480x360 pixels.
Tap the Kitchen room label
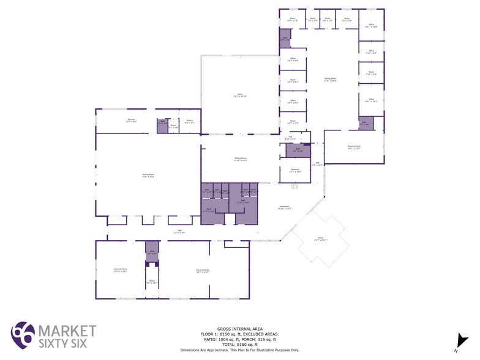point(131,121)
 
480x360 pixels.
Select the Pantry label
point(190,122)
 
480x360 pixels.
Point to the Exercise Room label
point(121,270)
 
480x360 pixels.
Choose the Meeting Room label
point(354,147)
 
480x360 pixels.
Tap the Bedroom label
point(295,171)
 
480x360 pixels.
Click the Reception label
point(284,208)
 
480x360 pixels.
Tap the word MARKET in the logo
point(67,331)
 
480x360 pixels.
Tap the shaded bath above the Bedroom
point(298,150)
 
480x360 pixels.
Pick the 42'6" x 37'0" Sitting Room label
point(148,175)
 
